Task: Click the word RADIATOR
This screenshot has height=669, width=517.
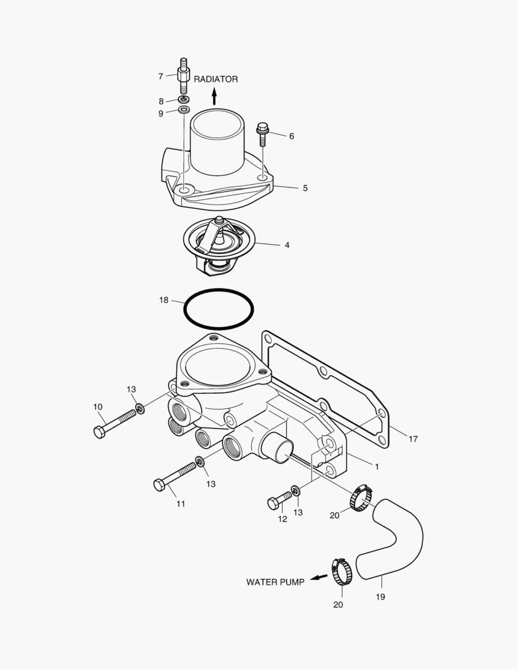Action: point(216,79)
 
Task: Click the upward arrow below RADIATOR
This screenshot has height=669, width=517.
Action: point(214,95)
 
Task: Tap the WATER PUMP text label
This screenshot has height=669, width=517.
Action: point(275,582)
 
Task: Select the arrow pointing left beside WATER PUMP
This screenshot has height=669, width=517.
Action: point(318,577)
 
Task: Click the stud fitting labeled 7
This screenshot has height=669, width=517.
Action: point(183,76)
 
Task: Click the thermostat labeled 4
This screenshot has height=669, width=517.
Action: point(219,242)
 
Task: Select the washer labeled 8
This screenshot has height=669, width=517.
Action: point(184,100)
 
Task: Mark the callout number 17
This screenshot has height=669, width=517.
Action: point(413,439)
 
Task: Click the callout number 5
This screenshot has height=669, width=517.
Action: point(305,188)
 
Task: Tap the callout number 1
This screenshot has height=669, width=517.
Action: point(376,465)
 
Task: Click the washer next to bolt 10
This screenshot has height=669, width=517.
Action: point(141,408)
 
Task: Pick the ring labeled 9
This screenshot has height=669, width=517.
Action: point(184,110)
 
